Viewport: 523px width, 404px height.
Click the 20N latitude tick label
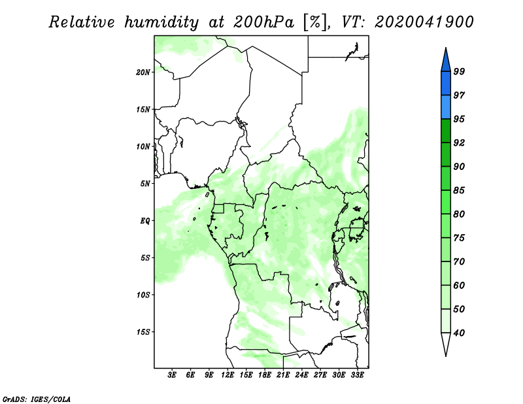pos(143,72)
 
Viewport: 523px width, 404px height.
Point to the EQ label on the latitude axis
pos(145,221)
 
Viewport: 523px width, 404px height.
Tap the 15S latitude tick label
pos(143,332)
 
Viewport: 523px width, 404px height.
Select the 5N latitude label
pos(145,184)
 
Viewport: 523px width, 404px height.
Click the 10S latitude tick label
pos(143,295)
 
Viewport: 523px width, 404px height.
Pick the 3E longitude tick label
pos(172,375)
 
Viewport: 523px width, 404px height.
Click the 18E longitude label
pos(265,375)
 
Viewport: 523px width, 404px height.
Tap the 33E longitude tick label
pos(357,375)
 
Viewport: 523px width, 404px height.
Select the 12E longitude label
pos(228,375)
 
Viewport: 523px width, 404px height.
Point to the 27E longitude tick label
pos(320,375)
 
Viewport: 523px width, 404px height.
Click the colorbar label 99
pos(459,71)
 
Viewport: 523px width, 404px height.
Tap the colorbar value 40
pos(459,333)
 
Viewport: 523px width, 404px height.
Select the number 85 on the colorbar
pos(459,190)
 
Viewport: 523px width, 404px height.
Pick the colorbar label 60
pos(459,285)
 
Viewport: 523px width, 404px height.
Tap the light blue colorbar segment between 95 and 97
pos(446,107)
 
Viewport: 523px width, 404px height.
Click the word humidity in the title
pos(162,22)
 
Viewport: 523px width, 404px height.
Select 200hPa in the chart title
pos(264,22)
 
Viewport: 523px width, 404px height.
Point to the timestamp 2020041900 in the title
pos(424,22)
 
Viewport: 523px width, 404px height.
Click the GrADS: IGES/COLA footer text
pos(37,399)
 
